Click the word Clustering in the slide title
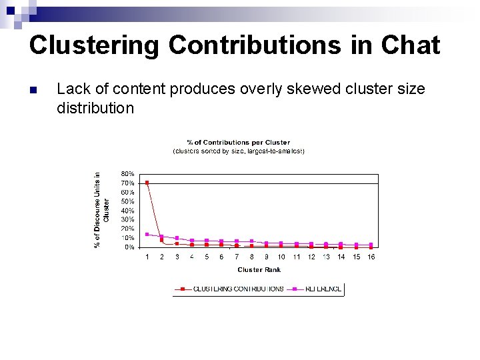tap(94, 45)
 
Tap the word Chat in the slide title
tap(411, 45)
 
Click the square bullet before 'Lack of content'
tap(33, 90)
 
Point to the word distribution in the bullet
tap(95, 107)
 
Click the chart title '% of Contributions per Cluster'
tap(238, 142)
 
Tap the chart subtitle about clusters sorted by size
tap(238, 151)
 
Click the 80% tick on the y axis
tap(127, 174)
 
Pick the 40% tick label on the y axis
tap(127, 211)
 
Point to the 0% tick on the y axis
tap(129, 247)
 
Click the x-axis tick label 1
tap(147, 257)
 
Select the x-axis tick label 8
tap(251, 257)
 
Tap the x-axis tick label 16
tap(371, 257)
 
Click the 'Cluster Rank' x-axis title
tap(259, 270)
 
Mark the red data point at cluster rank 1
tap(147, 183)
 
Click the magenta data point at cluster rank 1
tap(147, 234)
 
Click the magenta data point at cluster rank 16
tap(371, 245)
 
